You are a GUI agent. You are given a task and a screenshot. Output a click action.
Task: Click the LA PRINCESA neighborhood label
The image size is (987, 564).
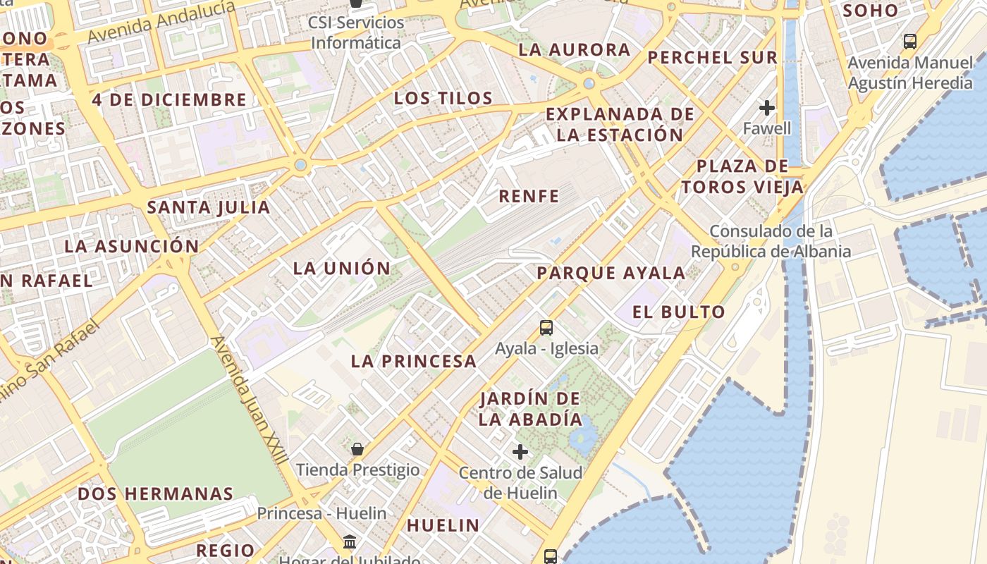click(x=414, y=362)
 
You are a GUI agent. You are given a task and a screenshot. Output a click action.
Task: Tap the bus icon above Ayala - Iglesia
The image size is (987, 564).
click(x=546, y=327)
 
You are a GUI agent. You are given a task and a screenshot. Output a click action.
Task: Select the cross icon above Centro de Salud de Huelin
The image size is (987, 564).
click(x=520, y=451)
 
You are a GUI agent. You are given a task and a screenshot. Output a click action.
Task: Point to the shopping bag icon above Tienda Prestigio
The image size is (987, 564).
click(x=357, y=448)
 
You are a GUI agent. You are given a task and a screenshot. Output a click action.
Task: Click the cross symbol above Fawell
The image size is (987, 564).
click(x=767, y=108)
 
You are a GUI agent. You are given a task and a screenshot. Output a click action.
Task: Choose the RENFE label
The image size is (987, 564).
click(x=529, y=197)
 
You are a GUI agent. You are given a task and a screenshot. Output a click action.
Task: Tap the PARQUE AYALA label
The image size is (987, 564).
click(x=611, y=274)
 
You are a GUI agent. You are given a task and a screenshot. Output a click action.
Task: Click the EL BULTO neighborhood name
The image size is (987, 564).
click(x=679, y=312)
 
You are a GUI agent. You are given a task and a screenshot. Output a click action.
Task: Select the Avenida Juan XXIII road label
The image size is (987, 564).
click(x=250, y=400)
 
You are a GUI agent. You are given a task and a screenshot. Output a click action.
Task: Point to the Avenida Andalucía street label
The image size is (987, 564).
click(x=161, y=21)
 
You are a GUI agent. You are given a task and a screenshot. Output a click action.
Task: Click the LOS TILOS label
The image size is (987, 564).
click(x=443, y=98)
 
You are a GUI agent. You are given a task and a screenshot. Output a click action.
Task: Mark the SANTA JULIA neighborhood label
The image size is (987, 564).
click(x=209, y=207)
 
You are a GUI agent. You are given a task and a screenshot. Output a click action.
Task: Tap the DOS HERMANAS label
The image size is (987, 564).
click(x=155, y=493)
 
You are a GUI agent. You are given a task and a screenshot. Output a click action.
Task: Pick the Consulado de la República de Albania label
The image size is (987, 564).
click(x=771, y=241)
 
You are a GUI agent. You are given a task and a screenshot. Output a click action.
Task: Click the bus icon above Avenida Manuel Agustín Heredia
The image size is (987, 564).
click(x=910, y=42)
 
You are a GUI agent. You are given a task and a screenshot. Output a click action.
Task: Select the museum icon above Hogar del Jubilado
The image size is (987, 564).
click(x=350, y=542)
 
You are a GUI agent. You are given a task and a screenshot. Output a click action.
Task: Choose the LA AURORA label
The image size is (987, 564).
click(x=575, y=50)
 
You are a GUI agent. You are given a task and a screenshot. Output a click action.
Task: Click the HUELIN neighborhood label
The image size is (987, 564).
click(x=443, y=525)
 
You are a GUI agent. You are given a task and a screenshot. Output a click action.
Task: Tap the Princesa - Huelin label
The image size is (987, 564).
click(x=321, y=513)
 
